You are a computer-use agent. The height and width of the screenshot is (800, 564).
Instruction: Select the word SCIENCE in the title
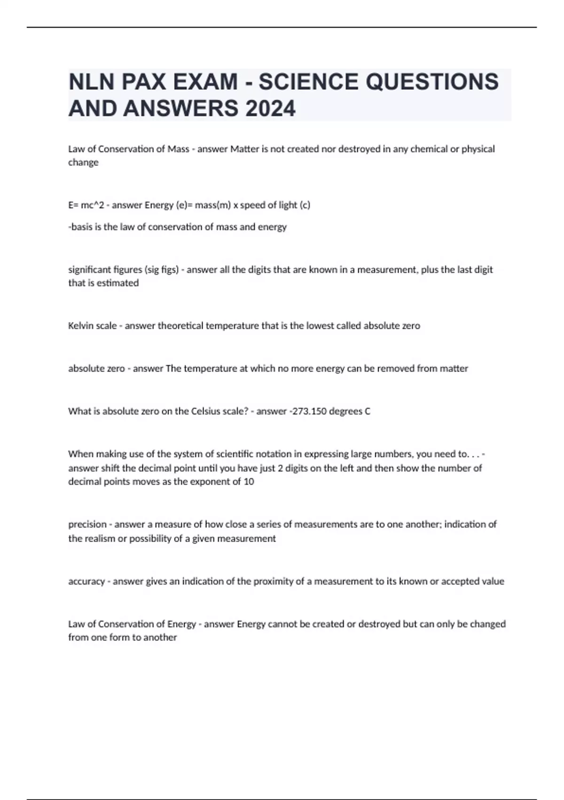pos(308,82)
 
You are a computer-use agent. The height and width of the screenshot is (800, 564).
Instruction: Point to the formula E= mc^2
pos(86,205)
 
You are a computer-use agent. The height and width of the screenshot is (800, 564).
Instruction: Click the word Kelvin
pos(80,326)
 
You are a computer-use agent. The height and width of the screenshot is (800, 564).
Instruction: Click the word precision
pos(87,524)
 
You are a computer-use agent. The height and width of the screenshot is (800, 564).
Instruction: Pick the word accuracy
pos(86,581)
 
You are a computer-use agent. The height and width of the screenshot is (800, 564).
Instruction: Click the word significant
pos(90,270)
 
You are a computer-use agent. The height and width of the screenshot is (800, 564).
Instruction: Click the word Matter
pos(244,149)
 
